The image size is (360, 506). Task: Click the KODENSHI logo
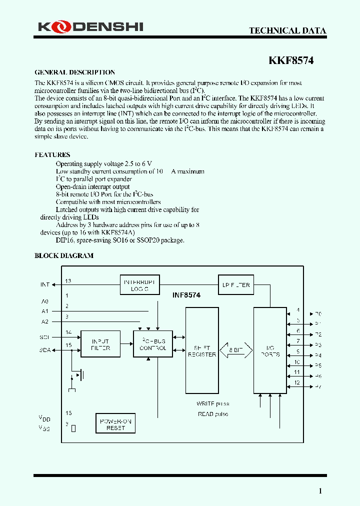point(90,26)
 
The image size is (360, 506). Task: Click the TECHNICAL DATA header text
point(287,30)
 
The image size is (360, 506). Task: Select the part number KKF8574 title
point(291,60)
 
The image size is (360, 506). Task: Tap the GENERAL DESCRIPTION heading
point(74,72)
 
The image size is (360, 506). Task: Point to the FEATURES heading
point(52,154)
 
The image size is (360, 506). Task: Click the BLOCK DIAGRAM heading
point(63,255)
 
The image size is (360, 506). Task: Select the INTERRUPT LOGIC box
point(140,285)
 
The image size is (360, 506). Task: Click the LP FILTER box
point(236,285)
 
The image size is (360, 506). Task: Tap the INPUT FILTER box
point(100,344)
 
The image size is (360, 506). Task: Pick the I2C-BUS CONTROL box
point(153,344)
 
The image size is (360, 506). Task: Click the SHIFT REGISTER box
point(202,350)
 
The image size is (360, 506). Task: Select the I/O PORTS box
point(270,350)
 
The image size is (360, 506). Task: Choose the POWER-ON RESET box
point(115,424)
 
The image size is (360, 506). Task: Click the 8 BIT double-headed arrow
point(236,350)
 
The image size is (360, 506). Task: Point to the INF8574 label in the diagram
point(186,295)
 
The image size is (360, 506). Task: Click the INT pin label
point(45,284)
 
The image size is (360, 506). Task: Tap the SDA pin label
point(45,350)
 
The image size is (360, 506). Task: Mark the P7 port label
point(318,387)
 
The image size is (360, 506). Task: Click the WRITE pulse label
point(213,403)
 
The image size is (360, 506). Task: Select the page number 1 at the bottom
point(320,491)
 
